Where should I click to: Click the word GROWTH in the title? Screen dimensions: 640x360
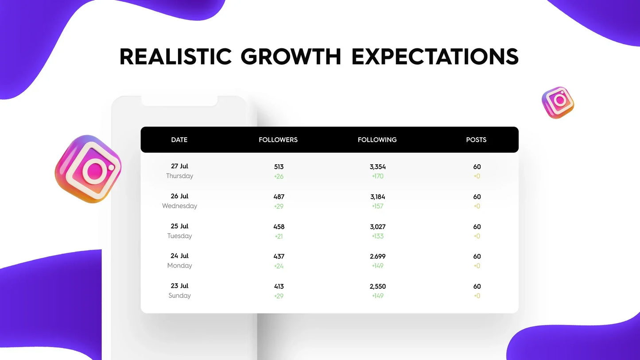pyautogui.click(x=291, y=56)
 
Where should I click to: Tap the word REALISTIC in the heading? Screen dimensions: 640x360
pyautogui.click(x=175, y=56)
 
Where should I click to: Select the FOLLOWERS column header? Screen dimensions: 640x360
pyautogui.click(x=278, y=140)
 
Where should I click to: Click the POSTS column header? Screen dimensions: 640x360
pyautogui.click(x=476, y=140)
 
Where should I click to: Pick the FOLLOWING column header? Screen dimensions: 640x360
pyautogui.click(x=377, y=140)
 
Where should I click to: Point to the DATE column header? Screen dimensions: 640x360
pyautogui.click(x=179, y=140)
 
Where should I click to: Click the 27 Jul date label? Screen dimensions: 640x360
pyautogui.click(x=179, y=166)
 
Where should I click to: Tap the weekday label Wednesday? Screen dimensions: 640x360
pyautogui.click(x=179, y=206)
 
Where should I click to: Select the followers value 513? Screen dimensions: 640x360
pyautogui.click(x=279, y=166)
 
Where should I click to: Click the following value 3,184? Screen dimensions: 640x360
pyautogui.click(x=377, y=197)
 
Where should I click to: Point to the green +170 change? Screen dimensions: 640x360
pyautogui.click(x=377, y=176)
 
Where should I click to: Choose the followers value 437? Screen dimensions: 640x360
pyautogui.click(x=279, y=256)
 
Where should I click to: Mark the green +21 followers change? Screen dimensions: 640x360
pyautogui.click(x=279, y=236)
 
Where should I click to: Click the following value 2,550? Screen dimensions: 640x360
pyautogui.click(x=377, y=286)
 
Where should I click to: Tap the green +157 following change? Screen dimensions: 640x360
pyautogui.click(x=377, y=206)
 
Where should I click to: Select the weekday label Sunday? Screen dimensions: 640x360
pyautogui.click(x=179, y=295)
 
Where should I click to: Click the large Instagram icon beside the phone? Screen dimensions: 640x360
pyautogui.click(x=88, y=169)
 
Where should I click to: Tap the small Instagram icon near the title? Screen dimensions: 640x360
pyautogui.click(x=558, y=103)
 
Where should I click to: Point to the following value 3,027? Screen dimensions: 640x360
pyautogui.click(x=377, y=227)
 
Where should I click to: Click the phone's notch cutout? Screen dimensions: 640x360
pyautogui.click(x=179, y=101)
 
